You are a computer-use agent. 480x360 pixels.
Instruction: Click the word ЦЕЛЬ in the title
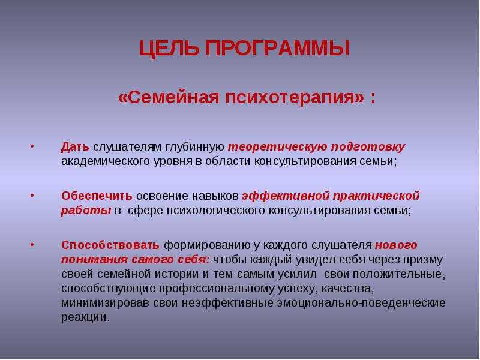point(169,49)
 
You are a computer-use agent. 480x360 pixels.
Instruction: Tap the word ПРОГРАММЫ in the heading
point(277,48)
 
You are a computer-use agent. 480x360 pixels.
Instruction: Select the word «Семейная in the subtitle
point(169,98)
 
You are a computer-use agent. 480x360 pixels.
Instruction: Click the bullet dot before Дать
point(32,146)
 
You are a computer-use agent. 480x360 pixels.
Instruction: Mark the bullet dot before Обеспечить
point(32,195)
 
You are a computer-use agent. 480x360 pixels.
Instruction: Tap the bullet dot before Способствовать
point(32,245)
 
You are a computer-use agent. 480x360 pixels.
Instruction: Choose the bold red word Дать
point(75,147)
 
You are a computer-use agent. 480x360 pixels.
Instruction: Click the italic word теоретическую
point(278,147)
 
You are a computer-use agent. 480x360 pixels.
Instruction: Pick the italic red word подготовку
point(368,147)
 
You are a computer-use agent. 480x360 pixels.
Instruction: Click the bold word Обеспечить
point(97,196)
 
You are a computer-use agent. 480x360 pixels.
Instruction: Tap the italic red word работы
point(86,211)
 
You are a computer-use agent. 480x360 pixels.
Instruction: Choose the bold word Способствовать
point(110,245)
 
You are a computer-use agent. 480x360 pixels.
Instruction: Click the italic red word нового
point(396,245)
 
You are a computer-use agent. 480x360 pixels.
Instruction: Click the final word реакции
point(85,318)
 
